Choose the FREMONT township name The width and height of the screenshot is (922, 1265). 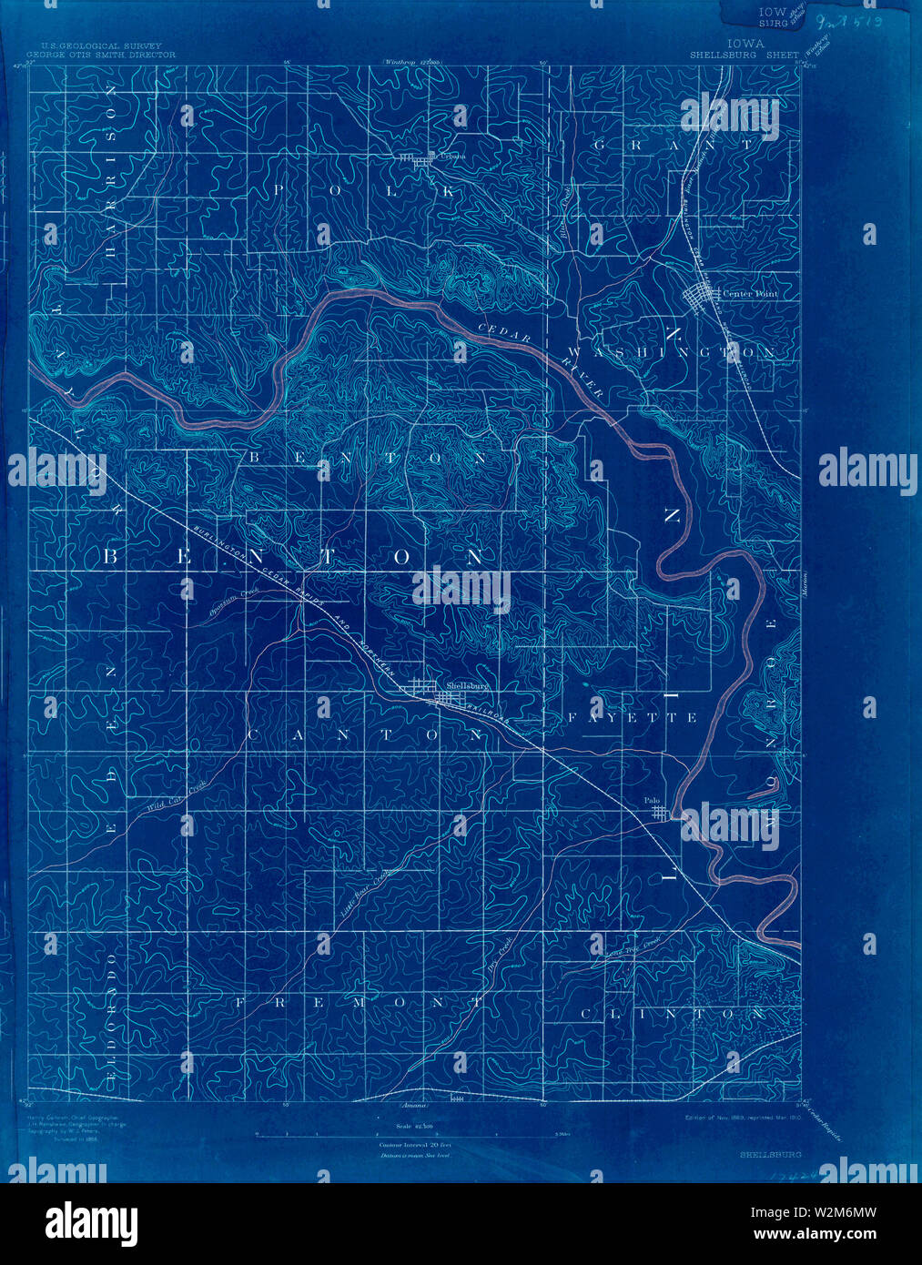(x=359, y=1002)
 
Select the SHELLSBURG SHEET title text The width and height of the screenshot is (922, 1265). (x=744, y=55)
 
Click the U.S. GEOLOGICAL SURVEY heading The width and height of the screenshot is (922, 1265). (x=96, y=46)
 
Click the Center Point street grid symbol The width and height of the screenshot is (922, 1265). (x=703, y=298)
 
